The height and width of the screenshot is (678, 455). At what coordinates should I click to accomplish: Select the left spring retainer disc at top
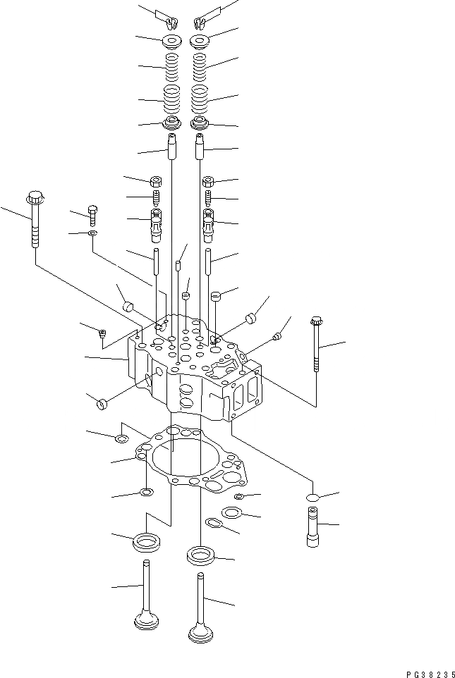pos(171,41)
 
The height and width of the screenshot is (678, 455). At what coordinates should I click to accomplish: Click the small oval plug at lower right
pos(313,499)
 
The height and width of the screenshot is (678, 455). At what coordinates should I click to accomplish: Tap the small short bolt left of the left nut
pos(92,212)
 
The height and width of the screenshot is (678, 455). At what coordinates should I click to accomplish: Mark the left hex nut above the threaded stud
pos(155,181)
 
